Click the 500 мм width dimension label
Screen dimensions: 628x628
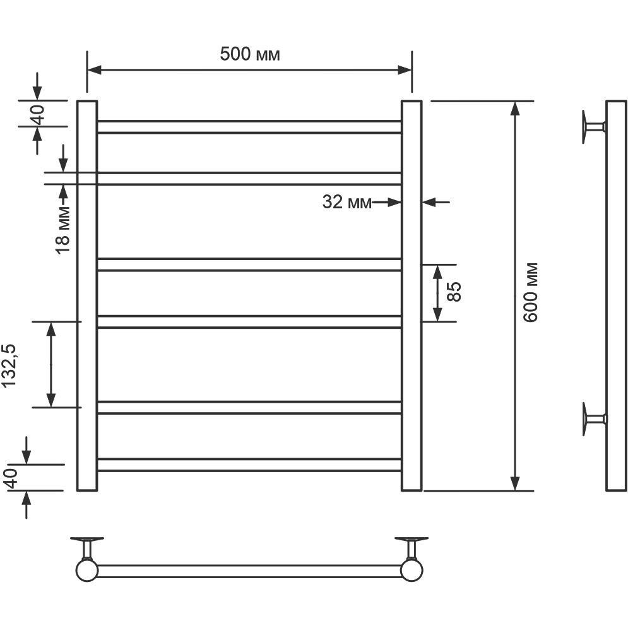(249, 54)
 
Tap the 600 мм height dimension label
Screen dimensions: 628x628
(531, 292)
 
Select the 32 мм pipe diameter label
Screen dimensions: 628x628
(347, 202)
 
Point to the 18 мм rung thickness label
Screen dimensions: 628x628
(62, 230)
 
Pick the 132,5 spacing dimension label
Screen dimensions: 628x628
(9, 365)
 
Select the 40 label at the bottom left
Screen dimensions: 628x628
(11, 478)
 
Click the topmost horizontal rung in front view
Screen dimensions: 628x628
(249, 127)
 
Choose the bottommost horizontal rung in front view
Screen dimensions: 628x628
(249, 465)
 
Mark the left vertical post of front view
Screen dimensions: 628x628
(87, 295)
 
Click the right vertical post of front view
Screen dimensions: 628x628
(412, 295)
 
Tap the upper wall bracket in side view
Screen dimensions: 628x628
(593, 127)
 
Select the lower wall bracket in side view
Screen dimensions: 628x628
(593, 419)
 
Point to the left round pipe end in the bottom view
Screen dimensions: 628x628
(87, 571)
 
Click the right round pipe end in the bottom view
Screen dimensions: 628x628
(412, 571)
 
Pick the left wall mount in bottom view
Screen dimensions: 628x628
(87, 548)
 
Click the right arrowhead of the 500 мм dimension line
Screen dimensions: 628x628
(405, 70)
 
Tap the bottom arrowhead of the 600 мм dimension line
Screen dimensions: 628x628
(516, 484)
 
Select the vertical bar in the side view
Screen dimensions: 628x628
(616, 295)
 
